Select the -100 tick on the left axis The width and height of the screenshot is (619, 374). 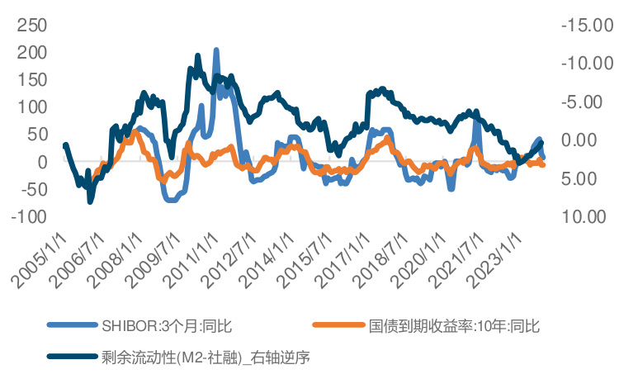(x=26, y=217)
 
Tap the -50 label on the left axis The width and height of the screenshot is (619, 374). (x=30, y=190)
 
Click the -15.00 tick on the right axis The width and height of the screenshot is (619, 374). (x=586, y=26)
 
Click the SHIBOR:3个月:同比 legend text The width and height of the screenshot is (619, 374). (x=172, y=326)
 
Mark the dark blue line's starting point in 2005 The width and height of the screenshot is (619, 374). (x=65, y=145)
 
